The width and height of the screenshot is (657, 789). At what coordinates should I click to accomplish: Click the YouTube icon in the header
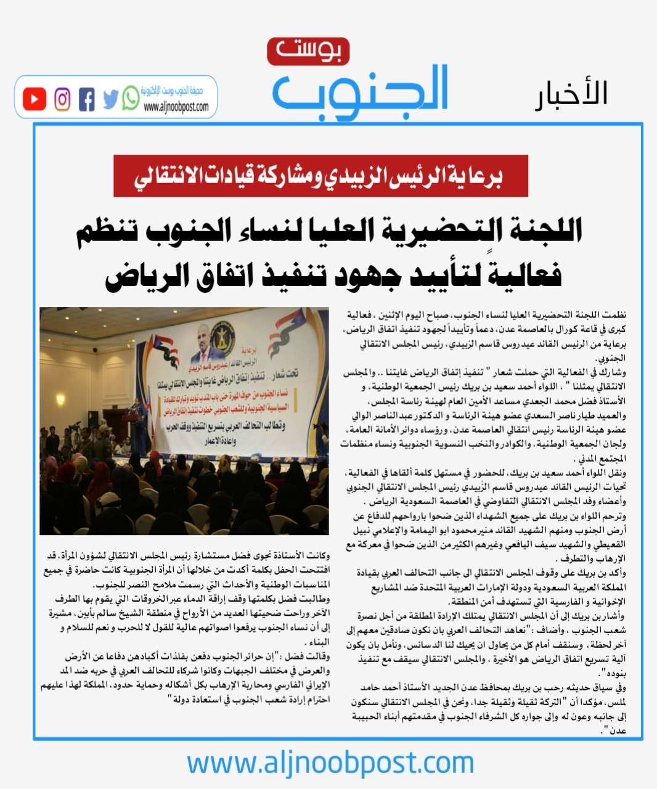[x=35, y=99]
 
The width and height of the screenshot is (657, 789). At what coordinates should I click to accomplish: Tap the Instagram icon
[x=62, y=99]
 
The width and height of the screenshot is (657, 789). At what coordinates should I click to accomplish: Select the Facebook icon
[x=86, y=99]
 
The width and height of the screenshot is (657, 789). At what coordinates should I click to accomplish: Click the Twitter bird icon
[x=110, y=99]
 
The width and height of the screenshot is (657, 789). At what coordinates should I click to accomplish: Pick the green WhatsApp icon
[x=130, y=98]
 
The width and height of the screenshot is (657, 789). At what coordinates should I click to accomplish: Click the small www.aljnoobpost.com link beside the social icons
[x=176, y=107]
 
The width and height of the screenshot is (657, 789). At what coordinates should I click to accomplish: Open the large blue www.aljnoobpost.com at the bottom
[x=330, y=763]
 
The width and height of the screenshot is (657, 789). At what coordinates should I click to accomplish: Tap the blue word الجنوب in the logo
[x=361, y=92]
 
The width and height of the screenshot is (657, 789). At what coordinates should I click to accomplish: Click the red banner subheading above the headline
[x=320, y=176]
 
